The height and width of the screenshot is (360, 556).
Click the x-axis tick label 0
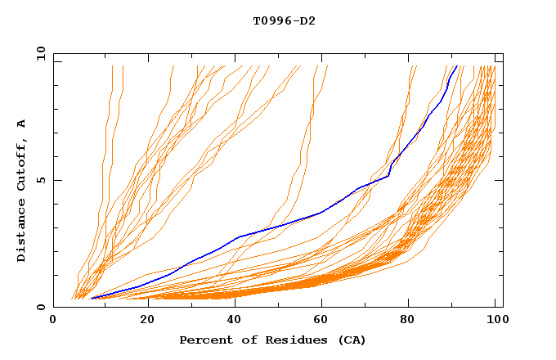[53, 322]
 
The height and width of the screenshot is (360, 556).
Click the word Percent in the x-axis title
[204, 340]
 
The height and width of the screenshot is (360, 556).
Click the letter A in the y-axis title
[22, 124]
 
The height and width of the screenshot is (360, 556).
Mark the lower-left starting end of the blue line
[92, 299]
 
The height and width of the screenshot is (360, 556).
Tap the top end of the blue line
[456, 66]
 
